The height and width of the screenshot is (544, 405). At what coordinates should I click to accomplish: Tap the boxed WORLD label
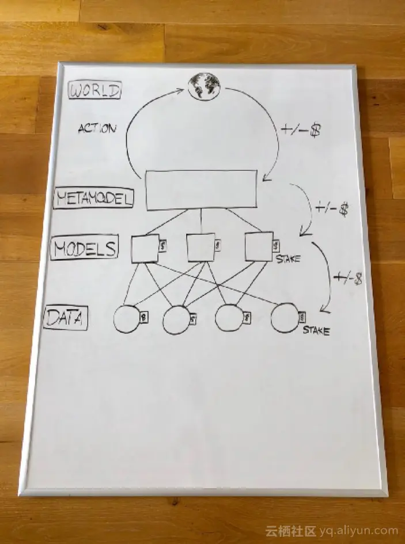94,90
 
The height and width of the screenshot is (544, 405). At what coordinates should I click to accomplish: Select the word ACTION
96,128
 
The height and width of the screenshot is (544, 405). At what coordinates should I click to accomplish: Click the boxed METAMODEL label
94,199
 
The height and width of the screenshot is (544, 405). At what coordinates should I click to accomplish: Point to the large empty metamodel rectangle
201,189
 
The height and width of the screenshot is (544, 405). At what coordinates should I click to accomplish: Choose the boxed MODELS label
84,249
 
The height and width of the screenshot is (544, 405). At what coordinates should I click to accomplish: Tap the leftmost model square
145,249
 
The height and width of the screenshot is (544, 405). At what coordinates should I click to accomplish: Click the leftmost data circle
127,319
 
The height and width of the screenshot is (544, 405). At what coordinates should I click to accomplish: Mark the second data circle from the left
176,321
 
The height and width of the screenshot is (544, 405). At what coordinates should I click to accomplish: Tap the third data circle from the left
229,318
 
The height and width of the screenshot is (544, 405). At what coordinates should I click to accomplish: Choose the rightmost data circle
285,318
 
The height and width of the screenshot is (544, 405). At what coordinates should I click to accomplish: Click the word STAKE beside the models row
287,259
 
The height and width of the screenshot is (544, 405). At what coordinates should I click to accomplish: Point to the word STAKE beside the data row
316,331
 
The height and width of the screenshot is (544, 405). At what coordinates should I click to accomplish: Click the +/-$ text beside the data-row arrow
349,279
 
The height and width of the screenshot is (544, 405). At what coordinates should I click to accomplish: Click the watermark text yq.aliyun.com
362,531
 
